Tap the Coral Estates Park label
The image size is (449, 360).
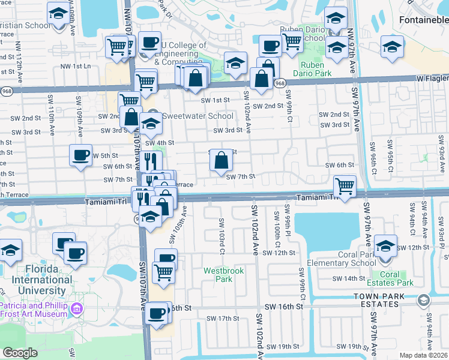point(397,278)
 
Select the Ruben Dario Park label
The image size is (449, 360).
point(312,69)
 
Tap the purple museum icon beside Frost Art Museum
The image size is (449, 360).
point(76,309)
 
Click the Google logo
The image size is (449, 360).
point(19,352)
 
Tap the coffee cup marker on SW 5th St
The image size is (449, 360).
point(80,156)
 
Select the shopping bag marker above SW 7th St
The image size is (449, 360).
point(221,160)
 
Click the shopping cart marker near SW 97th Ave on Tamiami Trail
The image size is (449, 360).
point(345,186)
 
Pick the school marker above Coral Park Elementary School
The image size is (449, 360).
point(385,245)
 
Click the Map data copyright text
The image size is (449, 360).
point(423,355)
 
